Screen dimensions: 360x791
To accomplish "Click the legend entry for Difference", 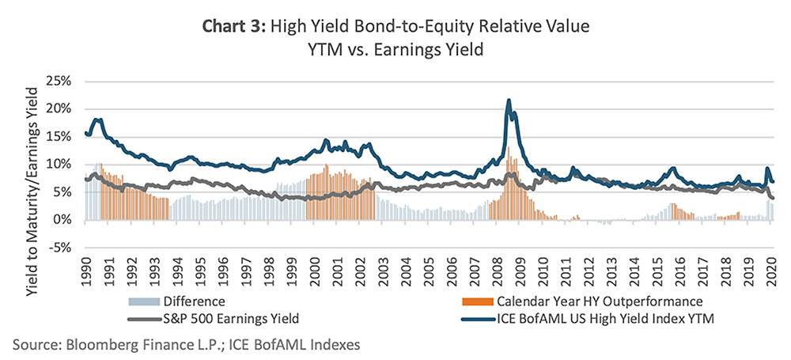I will [x=195, y=301].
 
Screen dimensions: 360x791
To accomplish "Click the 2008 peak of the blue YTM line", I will [x=509, y=100].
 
